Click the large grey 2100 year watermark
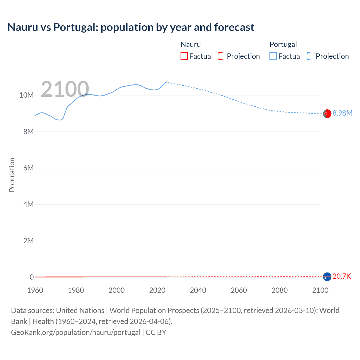click(65, 89)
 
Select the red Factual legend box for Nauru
click(184, 56)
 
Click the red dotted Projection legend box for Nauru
click(222, 56)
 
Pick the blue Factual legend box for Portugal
click(273, 56)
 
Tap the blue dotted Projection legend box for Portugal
click(310, 56)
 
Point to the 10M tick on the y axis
click(26, 95)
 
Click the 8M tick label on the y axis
click(28, 132)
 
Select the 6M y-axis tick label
click(28, 168)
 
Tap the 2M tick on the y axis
click(28, 241)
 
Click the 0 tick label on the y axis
click(31, 277)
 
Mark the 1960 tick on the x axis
click(35, 290)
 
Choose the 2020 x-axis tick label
click(157, 290)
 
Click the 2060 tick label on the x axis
click(239, 290)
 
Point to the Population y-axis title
click(12, 175)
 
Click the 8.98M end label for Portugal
click(342, 113)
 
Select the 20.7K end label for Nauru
click(342, 276)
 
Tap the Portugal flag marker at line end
click(327, 114)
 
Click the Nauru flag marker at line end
click(327, 277)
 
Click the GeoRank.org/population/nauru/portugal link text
click(76, 332)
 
